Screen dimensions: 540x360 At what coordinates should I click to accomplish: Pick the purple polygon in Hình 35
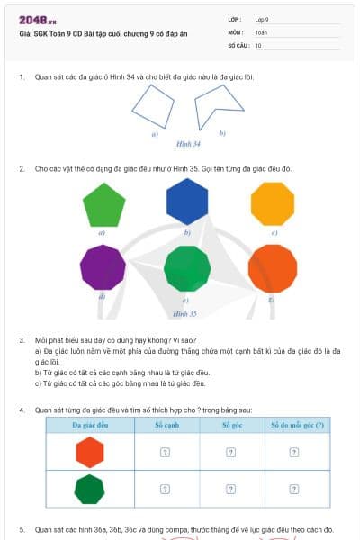(x=103, y=267)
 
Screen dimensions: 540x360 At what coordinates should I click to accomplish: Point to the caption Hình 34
(x=187, y=144)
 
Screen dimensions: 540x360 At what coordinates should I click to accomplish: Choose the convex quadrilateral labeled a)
(x=152, y=109)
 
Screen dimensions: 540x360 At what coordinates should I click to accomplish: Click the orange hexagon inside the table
(x=90, y=452)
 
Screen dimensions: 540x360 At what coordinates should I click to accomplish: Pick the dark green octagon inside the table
(x=90, y=489)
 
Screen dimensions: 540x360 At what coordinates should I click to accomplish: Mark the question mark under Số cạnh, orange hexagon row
(x=166, y=452)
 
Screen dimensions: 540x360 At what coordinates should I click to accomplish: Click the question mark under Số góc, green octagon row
(x=232, y=489)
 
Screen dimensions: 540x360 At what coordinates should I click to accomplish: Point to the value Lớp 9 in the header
(x=262, y=19)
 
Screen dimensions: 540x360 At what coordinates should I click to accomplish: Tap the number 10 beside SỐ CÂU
(x=258, y=44)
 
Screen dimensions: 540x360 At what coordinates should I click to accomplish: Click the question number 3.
(x=21, y=340)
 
